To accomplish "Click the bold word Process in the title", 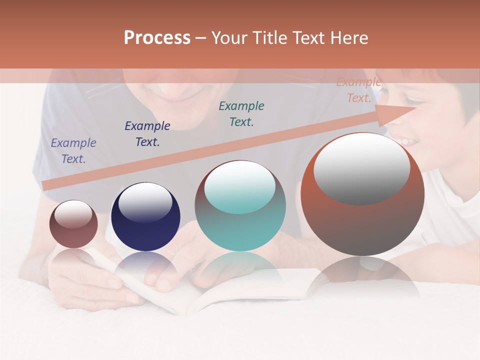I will coord(157,38).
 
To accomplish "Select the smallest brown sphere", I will coord(73,224).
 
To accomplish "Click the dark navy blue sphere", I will coord(145,217).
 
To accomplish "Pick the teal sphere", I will coord(240,205).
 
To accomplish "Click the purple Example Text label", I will coord(73,151).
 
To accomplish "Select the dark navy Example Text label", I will coord(147,134).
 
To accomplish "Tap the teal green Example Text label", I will coord(241,113).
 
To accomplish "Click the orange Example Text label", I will coord(358,90).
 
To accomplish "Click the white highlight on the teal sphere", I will coord(240,186).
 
